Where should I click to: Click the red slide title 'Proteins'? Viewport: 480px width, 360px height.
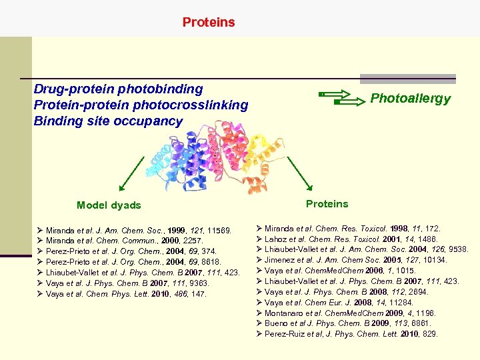click(209, 22)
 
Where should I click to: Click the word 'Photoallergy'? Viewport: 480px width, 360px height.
click(410, 99)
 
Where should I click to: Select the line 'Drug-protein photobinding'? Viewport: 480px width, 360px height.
click(118, 89)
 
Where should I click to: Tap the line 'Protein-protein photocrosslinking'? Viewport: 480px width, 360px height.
click(141, 105)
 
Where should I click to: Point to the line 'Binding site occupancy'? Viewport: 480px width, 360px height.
click(108, 121)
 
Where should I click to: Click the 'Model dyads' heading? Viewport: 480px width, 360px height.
click(109, 205)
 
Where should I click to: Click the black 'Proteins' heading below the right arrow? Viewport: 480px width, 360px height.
click(327, 203)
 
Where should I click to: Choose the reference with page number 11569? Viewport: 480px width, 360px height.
click(139, 230)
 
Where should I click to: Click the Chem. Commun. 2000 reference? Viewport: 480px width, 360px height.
click(125, 241)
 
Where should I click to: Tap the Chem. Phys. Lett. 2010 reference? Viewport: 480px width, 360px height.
click(127, 294)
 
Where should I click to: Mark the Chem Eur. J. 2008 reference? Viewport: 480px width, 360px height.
click(349, 302)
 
